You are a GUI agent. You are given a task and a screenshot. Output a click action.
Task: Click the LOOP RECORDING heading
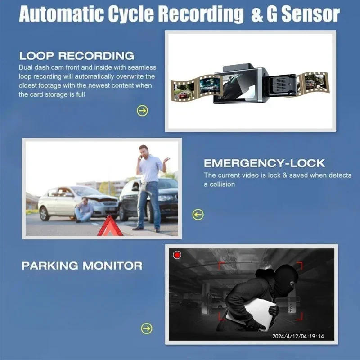(76, 56)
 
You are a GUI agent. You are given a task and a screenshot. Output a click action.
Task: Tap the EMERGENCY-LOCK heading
(264, 163)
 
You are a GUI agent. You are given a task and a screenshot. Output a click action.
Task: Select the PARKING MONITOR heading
(82, 265)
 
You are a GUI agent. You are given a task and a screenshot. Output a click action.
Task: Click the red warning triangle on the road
(110, 226)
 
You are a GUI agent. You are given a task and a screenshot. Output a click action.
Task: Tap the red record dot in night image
(177, 255)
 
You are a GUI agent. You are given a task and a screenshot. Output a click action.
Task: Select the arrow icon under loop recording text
(142, 111)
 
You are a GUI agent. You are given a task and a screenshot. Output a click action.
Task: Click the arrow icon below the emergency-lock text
(198, 215)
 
